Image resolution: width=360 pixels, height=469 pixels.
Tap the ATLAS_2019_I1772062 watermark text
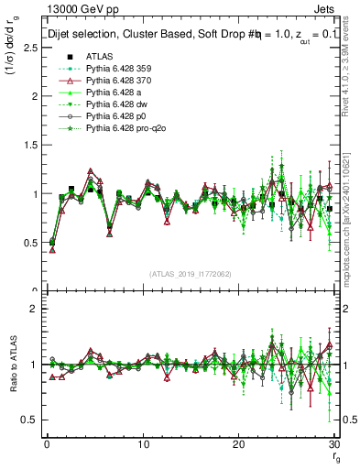point(190,274)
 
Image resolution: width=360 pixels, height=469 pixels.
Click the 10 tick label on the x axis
point(142,444)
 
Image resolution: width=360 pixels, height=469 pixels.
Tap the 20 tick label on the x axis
point(238,444)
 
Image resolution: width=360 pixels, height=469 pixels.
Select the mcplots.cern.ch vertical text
point(352,234)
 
